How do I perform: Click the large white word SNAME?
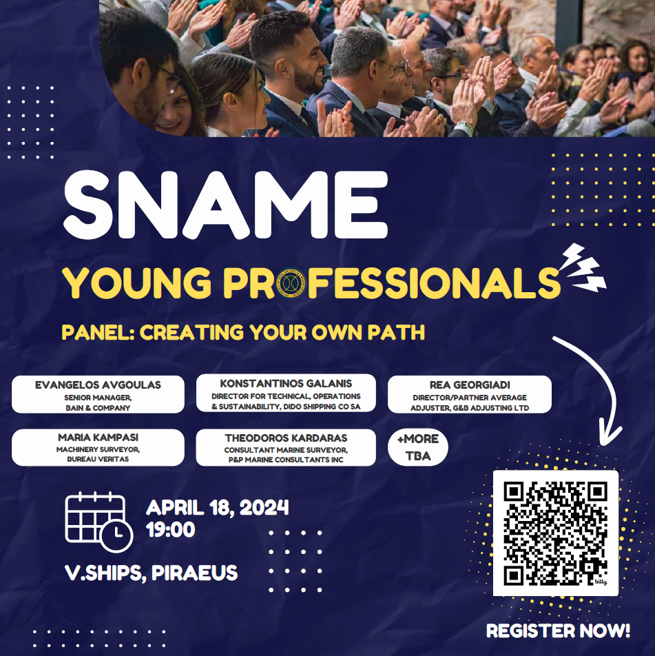pyautogui.click(x=226, y=205)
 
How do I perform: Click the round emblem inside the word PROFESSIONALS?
pyautogui.click(x=291, y=283)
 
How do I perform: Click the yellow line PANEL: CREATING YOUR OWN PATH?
pyautogui.click(x=243, y=332)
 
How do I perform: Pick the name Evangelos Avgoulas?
pyautogui.click(x=98, y=385)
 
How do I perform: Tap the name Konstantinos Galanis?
pyautogui.click(x=286, y=384)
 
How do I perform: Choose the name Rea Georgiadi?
pyautogui.click(x=470, y=385)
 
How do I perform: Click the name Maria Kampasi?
pyautogui.click(x=98, y=438)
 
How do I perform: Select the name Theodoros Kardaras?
pyautogui.click(x=286, y=438)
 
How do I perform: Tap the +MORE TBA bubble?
pyautogui.click(x=418, y=447)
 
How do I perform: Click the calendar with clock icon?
pyautogui.click(x=99, y=522)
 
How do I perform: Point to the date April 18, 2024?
pyautogui.click(x=218, y=508)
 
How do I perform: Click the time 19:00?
pyautogui.click(x=171, y=530)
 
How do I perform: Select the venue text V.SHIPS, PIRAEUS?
pyautogui.click(x=151, y=573)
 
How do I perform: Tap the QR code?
pyautogui.click(x=555, y=533)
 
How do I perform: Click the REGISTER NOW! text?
pyautogui.click(x=558, y=631)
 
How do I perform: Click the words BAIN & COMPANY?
pyautogui.click(x=98, y=408)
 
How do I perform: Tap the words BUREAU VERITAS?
pyautogui.click(x=98, y=459)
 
